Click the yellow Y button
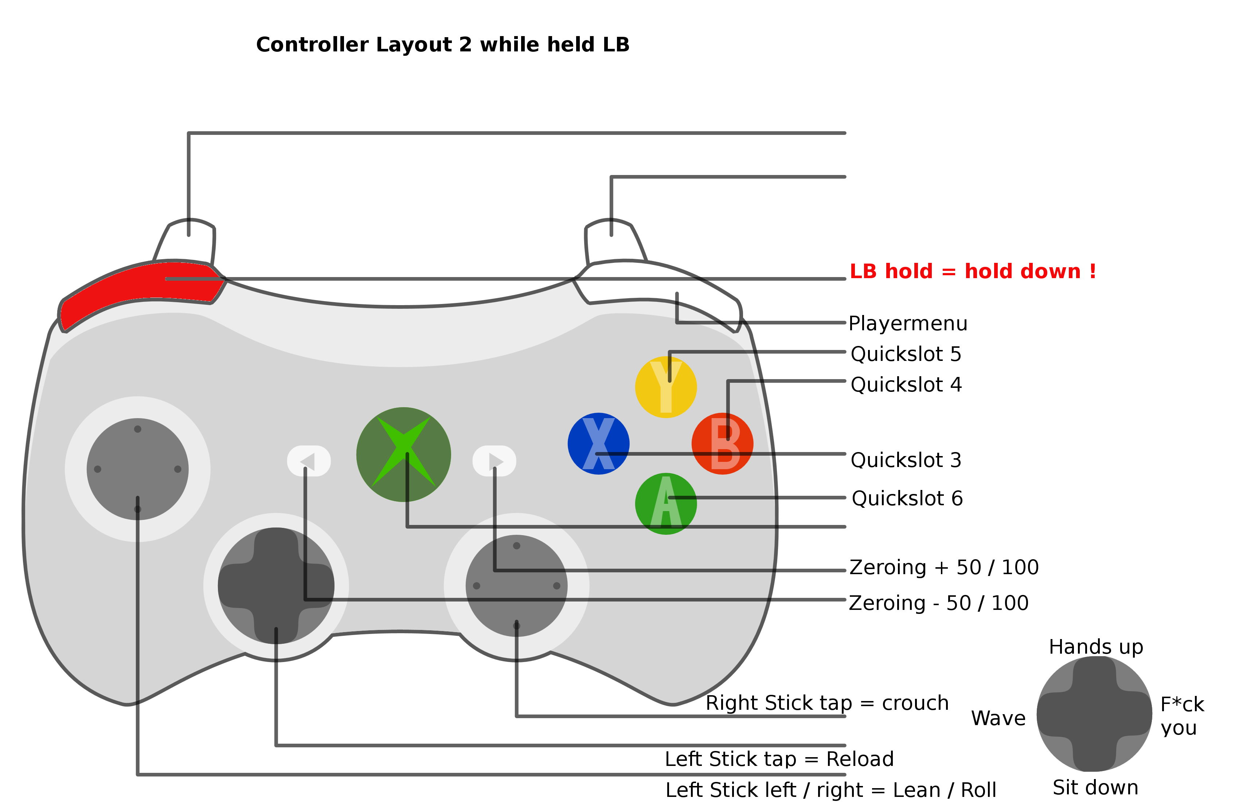[x=666, y=387]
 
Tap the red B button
[x=723, y=444]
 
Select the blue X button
[x=599, y=444]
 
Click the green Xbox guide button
[x=403, y=454]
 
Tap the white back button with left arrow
[x=309, y=461]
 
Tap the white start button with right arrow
[x=494, y=461]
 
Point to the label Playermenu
[x=908, y=323]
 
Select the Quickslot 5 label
[x=906, y=354]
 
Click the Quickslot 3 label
[x=906, y=460]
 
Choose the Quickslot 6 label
[x=907, y=498]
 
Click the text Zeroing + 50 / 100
[x=944, y=567]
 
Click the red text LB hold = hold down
[x=973, y=271]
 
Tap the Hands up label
[x=1096, y=647]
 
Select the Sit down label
[x=1095, y=787]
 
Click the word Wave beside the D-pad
[x=998, y=718]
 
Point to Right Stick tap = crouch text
[x=827, y=703]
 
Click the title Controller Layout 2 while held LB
[x=442, y=45]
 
